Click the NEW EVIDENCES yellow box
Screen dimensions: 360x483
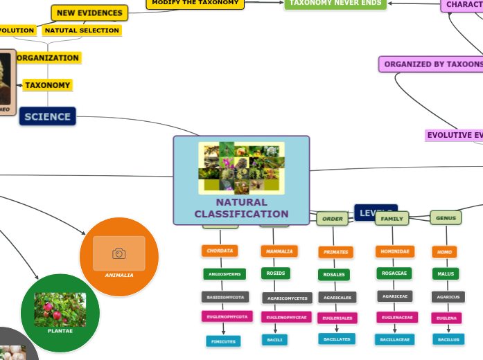pyautogui.click(x=89, y=13)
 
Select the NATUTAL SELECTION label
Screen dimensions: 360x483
pyautogui.click(x=82, y=30)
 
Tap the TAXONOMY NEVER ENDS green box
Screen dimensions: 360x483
pyautogui.click(x=335, y=3)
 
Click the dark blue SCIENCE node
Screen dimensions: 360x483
pyautogui.click(x=47, y=116)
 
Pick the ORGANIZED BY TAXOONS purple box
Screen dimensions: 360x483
pyautogui.click(x=430, y=64)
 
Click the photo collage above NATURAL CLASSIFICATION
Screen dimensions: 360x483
pyautogui.click(x=241, y=168)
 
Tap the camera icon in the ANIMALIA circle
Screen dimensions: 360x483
pyautogui.click(x=119, y=253)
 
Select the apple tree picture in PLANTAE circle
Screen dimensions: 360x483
pyautogui.click(x=60, y=309)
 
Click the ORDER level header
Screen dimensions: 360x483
pyautogui.click(x=333, y=219)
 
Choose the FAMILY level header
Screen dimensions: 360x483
pyautogui.click(x=392, y=219)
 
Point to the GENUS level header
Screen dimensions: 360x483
pyautogui.click(x=446, y=218)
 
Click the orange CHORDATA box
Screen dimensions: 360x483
pyautogui.click(x=220, y=251)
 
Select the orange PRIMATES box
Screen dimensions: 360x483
pyautogui.click(x=335, y=252)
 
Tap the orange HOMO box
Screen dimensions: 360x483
pyautogui.click(x=444, y=252)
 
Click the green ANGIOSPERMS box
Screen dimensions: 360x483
pyautogui.click(x=225, y=274)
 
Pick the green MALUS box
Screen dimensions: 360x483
pyautogui.click(x=445, y=274)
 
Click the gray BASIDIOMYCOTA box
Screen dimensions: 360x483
pyautogui.click(x=225, y=297)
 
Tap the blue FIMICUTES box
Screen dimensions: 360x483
pyautogui.click(x=223, y=341)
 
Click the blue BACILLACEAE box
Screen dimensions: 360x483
pyautogui.click(x=394, y=339)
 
